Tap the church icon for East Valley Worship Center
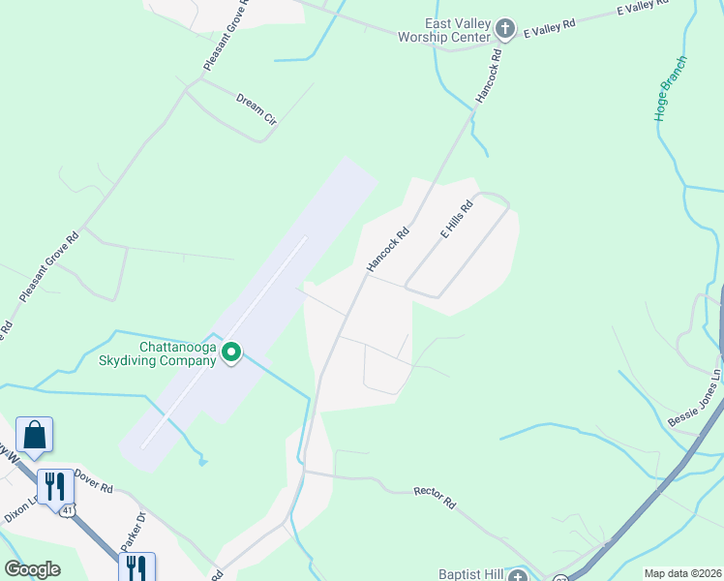[x=504, y=29]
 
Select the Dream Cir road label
[x=256, y=109]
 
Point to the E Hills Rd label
[x=456, y=220]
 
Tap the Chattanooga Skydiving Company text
[x=177, y=353]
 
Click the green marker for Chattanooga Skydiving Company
[x=231, y=353]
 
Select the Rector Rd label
[x=435, y=498]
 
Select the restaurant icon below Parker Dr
[x=136, y=566]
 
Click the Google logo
[x=32, y=569]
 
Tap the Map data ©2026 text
[x=681, y=573]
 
